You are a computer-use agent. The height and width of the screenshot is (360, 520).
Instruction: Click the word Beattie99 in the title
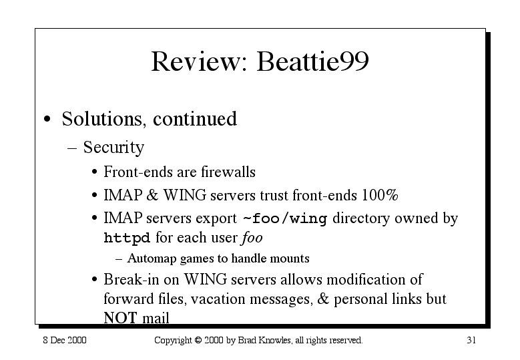coord(312,61)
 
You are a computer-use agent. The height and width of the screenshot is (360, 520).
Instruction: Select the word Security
coord(113,148)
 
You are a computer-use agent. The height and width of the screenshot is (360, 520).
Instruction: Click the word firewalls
coord(228,172)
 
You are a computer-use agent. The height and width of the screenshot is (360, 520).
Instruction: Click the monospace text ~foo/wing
coord(285,219)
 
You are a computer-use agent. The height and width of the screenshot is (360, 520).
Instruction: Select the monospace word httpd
coord(127,238)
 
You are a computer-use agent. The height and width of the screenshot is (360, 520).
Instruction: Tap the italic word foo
coord(252,238)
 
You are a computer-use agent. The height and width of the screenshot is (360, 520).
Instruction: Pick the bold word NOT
coord(120,317)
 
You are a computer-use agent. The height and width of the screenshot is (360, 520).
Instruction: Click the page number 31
coord(471,340)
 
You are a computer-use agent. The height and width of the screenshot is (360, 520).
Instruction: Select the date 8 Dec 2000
coord(65,340)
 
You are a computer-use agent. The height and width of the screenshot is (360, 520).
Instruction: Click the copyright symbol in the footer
coord(198,341)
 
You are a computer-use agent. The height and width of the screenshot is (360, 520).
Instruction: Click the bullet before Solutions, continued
coord(47,119)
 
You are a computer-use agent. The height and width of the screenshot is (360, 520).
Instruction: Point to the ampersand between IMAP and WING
coord(152,195)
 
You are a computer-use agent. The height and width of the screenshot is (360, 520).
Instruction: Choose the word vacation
coord(218,299)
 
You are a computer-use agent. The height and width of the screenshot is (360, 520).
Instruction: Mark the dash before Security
coord(72,148)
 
